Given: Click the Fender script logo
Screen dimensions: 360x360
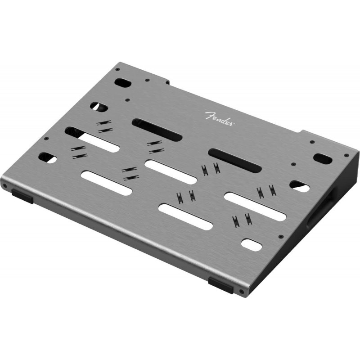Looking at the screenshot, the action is point(219,119).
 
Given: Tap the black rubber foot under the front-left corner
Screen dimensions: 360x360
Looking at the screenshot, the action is point(22,196).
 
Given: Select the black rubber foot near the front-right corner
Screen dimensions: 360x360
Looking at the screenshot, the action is point(220,285).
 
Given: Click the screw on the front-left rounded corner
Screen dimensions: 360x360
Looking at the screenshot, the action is point(4,185).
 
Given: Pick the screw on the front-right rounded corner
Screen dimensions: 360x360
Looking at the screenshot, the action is point(241,292).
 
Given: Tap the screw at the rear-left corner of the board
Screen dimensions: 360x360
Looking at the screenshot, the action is point(117,69).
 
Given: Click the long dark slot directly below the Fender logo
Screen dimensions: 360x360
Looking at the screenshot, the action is point(157,129).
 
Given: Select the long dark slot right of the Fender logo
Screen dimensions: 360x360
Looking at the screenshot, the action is point(235,161).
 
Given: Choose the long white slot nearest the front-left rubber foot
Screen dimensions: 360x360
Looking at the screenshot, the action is point(106,183).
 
